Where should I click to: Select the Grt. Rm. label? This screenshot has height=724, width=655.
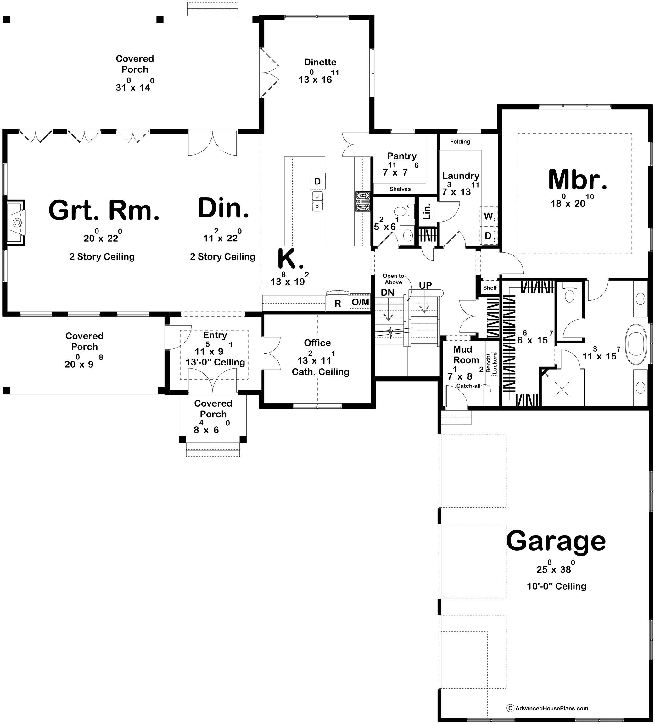[104, 211]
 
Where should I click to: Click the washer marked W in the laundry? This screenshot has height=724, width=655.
[488, 216]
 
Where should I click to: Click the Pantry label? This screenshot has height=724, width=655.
[401, 156]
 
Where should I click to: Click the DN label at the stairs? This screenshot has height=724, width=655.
[388, 293]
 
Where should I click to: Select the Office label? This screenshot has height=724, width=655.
[317, 343]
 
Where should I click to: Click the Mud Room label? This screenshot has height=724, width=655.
[466, 355]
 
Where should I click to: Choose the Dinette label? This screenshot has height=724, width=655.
[320, 62]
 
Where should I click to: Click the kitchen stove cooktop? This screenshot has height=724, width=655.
[363, 201]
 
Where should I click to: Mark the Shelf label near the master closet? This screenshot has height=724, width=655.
[490, 288]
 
